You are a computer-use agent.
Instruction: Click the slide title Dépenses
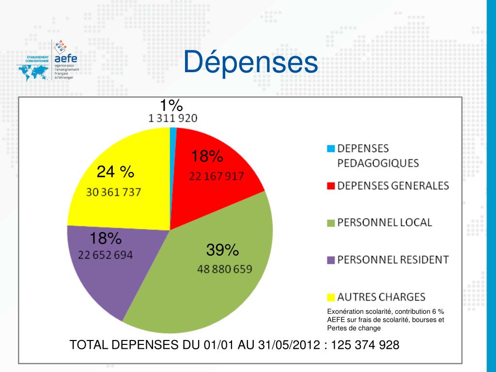[x=250, y=63]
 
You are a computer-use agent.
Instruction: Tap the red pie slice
[x=213, y=189]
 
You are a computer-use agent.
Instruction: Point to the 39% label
[x=222, y=250]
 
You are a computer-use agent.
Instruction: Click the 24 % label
[x=115, y=171]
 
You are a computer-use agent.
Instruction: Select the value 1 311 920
[x=172, y=118]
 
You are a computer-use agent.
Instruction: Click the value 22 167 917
[x=216, y=176]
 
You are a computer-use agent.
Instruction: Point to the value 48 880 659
[x=224, y=269]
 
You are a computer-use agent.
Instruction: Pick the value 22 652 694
[x=106, y=255]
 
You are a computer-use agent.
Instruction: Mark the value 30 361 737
[x=114, y=192]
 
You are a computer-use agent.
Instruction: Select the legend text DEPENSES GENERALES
[x=393, y=186]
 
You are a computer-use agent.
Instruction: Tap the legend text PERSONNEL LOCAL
[x=384, y=222]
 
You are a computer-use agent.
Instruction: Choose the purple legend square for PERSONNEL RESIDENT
[x=331, y=260]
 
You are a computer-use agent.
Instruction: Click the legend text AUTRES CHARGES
[x=381, y=296]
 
